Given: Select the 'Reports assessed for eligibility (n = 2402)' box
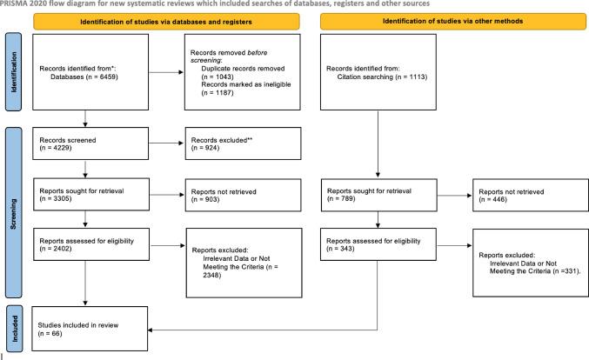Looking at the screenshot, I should click(x=95, y=246).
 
